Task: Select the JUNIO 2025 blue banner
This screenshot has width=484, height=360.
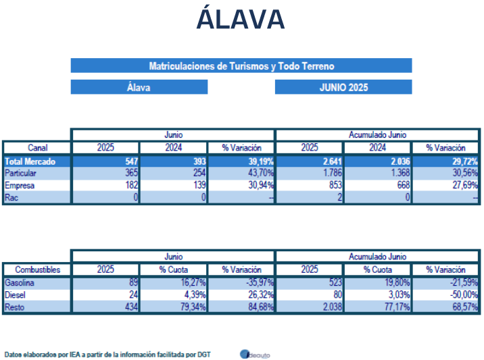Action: pyautogui.click(x=343, y=87)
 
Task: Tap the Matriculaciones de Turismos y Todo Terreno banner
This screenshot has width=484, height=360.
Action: pyautogui.click(x=241, y=66)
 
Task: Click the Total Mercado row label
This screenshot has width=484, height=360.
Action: pyautogui.click(x=30, y=161)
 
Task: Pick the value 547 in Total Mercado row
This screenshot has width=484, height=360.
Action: pyautogui.click(x=132, y=161)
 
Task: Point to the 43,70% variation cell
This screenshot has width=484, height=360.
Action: pyautogui.click(x=261, y=173)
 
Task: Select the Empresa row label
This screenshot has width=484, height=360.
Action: pyautogui.click(x=20, y=185)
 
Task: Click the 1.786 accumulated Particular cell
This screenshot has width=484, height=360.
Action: pyautogui.click(x=333, y=173)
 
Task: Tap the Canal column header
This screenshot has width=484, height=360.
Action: pyautogui.click(x=38, y=148)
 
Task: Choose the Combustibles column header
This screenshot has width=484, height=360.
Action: pyautogui.click(x=38, y=269)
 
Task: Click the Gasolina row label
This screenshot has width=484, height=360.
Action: pyautogui.click(x=19, y=282)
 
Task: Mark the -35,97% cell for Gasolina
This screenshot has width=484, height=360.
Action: pyautogui.click(x=261, y=282)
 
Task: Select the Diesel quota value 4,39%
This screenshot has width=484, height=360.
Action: pyautogui.click(x=195, y=295)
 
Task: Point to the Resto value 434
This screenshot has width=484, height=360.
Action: pyautogui.click(x=132, y=307)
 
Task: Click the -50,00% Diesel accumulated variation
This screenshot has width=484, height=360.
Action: pyautogui.click(x=464, y=295)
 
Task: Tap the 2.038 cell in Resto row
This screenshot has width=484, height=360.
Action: pyautogui.click(x=333, y=307)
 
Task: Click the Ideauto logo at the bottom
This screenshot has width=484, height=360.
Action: pyautogui.click(x=255, y=354)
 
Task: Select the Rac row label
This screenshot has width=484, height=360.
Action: pyautogui.click(x=11, y=197)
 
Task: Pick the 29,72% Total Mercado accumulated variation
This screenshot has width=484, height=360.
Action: pyautogui.click(x=465, y=161)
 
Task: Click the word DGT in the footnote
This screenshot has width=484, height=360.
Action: pyautogui.click(x=204, y=355)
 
